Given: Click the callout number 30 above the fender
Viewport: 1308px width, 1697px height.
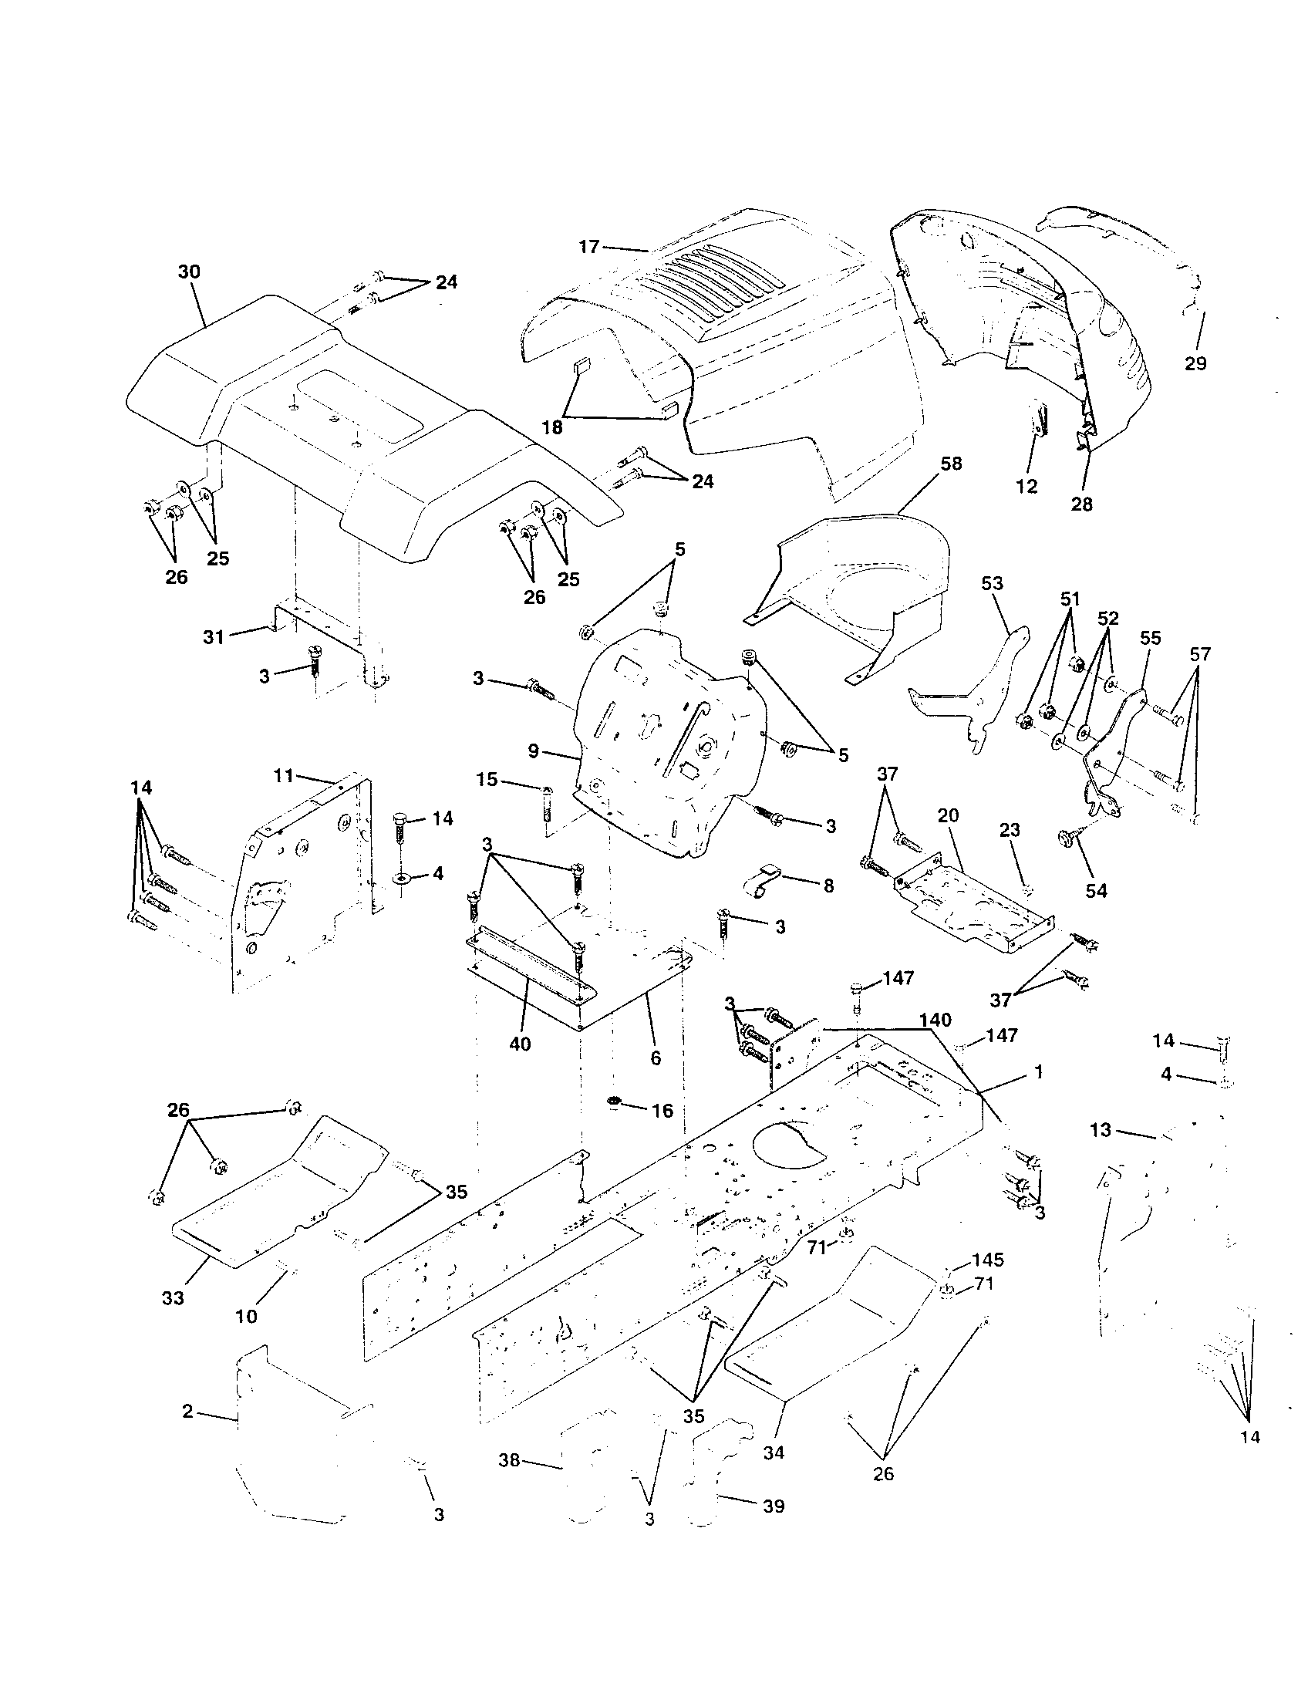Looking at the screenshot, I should point(189,272).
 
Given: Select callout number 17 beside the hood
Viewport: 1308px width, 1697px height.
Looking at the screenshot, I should point(588,247).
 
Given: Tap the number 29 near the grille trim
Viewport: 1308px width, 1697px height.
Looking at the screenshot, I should point(1195,363).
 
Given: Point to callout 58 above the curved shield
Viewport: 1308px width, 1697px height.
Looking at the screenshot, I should point(951,464).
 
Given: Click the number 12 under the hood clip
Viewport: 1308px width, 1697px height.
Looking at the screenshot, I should point(1026,487).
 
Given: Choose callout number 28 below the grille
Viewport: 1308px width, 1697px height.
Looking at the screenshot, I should point(1081,504).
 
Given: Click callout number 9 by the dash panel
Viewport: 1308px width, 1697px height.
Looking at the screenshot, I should point(533,751).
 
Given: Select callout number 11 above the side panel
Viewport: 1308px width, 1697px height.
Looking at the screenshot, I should point(284,774).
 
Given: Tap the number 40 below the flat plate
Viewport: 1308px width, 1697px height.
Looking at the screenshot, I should point(520,1044).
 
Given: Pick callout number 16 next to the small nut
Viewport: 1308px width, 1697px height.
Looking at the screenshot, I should point(662,1110).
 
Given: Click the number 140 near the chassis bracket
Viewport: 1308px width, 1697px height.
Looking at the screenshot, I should point(935,1021).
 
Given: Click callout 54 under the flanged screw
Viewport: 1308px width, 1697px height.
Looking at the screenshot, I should point(1096,890).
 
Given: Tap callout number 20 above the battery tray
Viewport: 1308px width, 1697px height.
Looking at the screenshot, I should point(949,815).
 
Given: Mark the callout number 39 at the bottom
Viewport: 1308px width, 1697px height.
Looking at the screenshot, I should point(774,1506).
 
